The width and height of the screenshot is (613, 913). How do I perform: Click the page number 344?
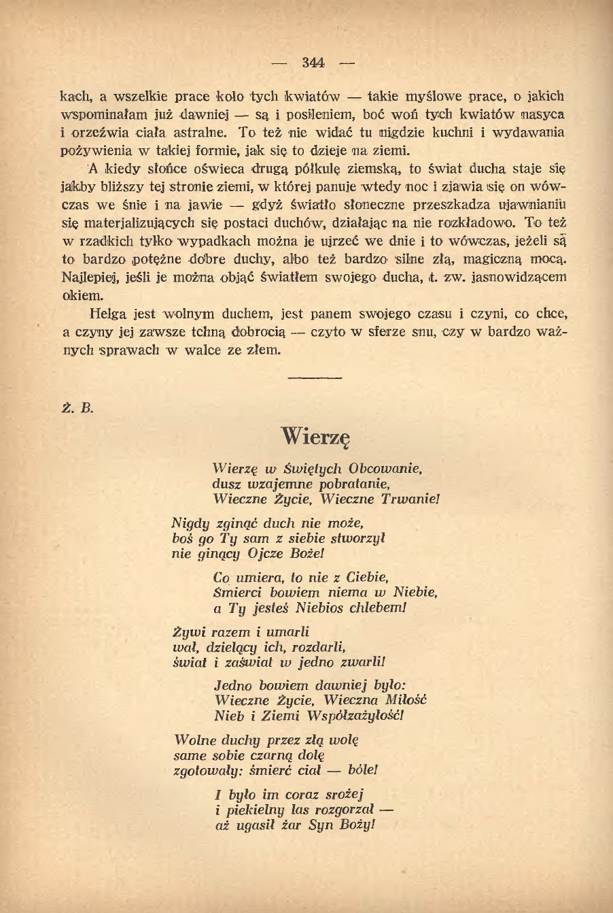pyautogui.click(x=313, y=63)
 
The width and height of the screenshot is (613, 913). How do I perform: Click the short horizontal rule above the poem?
pyautogui.click(x=314, y=376)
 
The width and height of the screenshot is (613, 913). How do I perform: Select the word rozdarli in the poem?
pyautogui.click(x=315, y=647)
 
